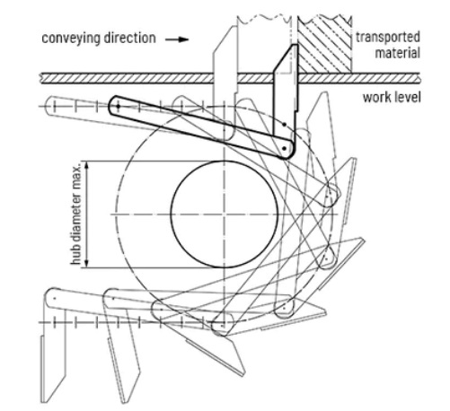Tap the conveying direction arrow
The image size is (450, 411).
pyautogui.click(x=177, y=39)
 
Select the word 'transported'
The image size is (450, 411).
pyautogui.click(x=388, y=38)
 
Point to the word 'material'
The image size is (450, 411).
pyautogui.click(x=398, y=53)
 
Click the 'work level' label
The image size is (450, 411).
pyautogui.click(x=392, y=98)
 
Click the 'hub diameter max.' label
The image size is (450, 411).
pyautogui.click(x=76, y=214)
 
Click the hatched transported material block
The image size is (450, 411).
pyautogui.click(x=324, y=45)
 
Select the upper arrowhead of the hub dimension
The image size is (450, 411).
pyautogui.click(x=87, y=165)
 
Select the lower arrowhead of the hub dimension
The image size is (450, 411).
pyautogui.click(x=87, y=264)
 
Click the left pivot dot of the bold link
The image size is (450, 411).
pyautogui.click(x=119, y=106)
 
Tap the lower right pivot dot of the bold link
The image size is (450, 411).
pyautogui.click(x=285, y=148)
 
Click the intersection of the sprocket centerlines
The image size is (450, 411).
pyautogui.click(x=225, y=214)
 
